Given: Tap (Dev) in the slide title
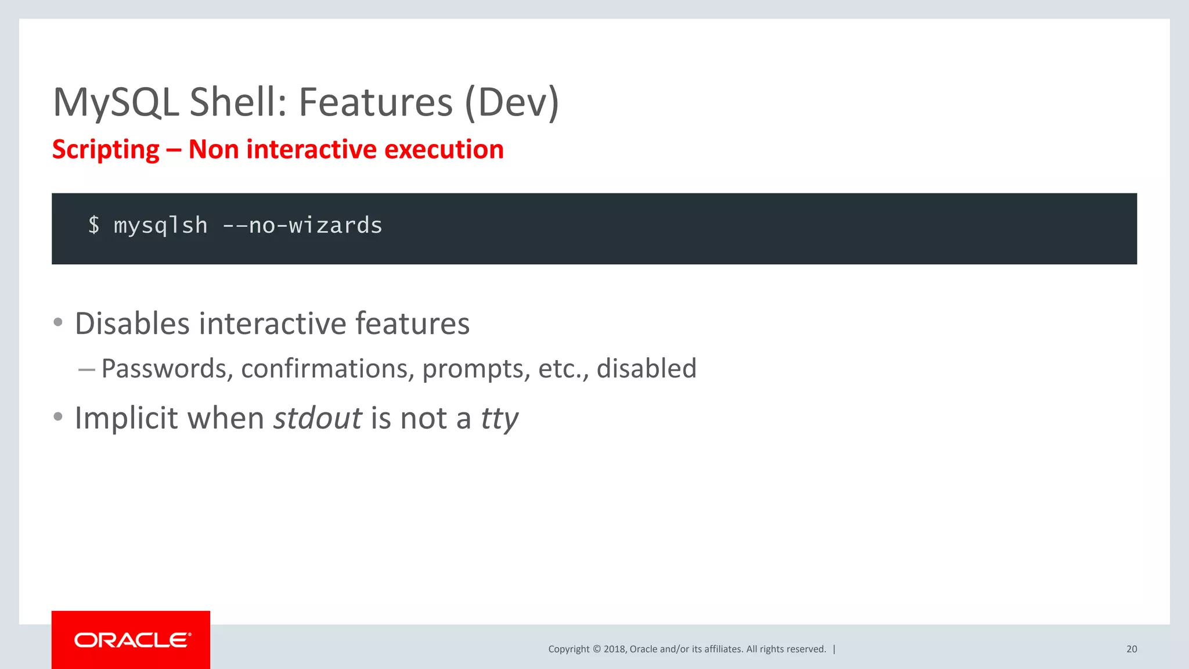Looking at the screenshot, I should click(x=511, y=103).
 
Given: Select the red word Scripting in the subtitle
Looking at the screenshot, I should click(x=106, y=150).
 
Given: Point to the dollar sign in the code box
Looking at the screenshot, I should click(x=94, y=225).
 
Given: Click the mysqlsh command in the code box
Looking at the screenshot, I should click(x=161, y=226).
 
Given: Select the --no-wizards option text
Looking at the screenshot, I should click(x=302, y=225).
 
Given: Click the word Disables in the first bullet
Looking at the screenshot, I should click(x=132, y=323).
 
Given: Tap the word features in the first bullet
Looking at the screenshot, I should click(x=412, y=323).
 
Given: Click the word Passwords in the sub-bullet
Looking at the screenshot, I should click(x=164, y=369).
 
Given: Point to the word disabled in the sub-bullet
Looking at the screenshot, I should click(x=646, y=369).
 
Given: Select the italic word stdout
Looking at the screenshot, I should click(x=318, y=418).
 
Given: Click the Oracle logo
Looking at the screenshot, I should click(x=131, y=640).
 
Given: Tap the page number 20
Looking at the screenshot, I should click(x=1132, y=649).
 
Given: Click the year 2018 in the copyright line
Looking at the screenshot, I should click(x=614, y=649).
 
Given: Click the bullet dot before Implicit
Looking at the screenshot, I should click(x=57, y=416).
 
